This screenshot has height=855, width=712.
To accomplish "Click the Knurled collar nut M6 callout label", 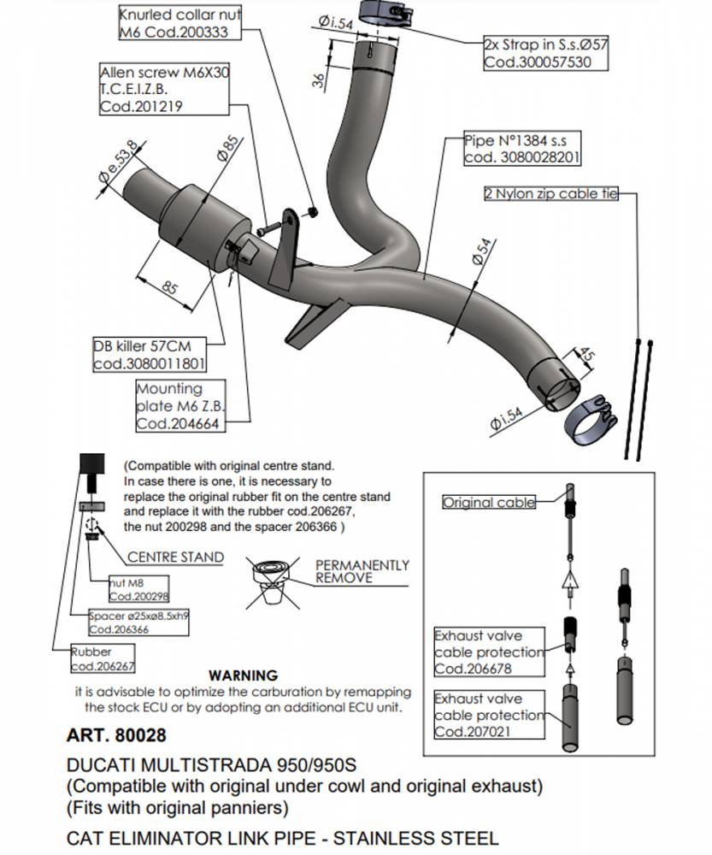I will pos(179,23).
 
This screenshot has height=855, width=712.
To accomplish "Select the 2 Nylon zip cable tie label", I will pos(550,194).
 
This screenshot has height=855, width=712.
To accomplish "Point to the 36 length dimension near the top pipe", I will pos(319,80).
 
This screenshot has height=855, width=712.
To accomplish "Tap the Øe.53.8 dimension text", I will pos(117,161).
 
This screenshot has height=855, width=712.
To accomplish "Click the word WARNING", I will pos(243,675).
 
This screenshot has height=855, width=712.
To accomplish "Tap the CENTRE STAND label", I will pos(175,557).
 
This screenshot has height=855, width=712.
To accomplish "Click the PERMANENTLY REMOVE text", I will pos(362,571).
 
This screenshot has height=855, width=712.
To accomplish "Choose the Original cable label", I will pos(488,503).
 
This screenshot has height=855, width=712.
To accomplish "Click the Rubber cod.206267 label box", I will pos(102,658).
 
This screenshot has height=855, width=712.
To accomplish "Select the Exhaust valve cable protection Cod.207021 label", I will pos(488,715).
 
